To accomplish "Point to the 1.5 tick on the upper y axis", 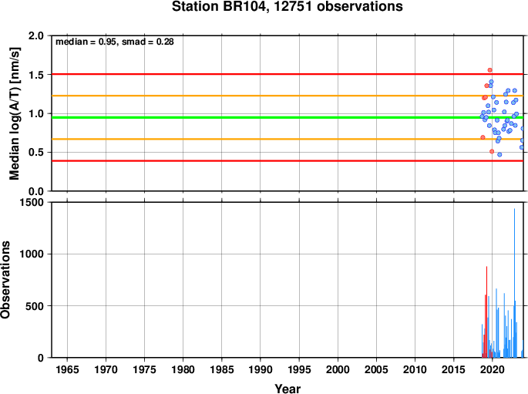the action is click(37, 75).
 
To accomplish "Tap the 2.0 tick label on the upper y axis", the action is click(37, 35).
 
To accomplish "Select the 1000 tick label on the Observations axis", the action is click(32, 254).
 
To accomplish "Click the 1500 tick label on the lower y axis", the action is click(32, 202).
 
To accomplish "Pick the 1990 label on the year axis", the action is click(261, 370).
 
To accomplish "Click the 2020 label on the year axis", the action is click(493, 370).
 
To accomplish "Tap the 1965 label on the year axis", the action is click(67, 370).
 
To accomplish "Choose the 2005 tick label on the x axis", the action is click(376, 370).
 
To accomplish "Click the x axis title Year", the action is click(288, 389).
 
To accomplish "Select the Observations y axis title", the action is click(5, 280).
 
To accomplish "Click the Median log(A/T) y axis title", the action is click(15, 113).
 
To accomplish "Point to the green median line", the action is click(288, 117).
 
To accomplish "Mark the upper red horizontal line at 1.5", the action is click(288, 74).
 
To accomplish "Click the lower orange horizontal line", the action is click(288, 139).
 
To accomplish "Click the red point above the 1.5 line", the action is click(490, 70).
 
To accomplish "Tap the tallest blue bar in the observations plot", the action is click(514, 283).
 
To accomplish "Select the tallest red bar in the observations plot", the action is click(486, 311).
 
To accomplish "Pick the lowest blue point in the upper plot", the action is click(499, 154).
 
